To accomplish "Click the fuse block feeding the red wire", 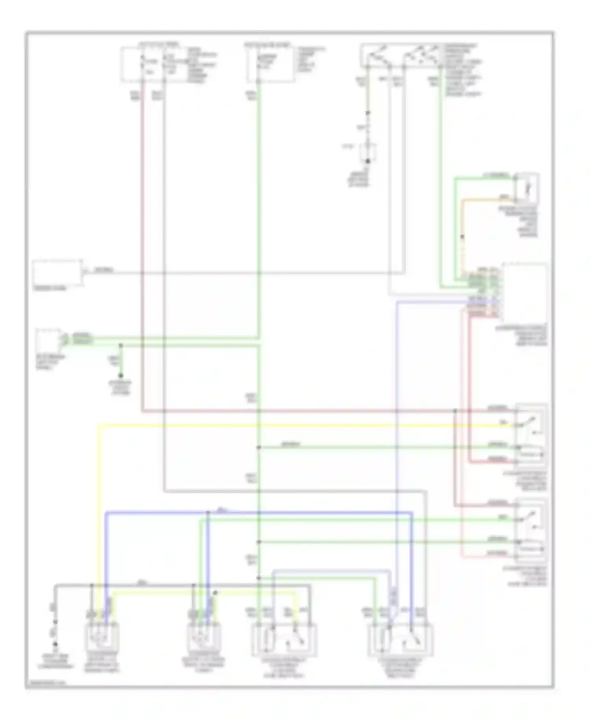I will pyautogui.click(x=153, y=65).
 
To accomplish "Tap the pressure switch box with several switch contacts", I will pyautogui.click(x=401, y=55).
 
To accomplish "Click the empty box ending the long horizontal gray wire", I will pyautogui.click(x=58, y=272).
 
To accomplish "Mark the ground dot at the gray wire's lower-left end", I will pyautogui.click(x=55, y=644).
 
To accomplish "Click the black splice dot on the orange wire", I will pyautogui.click(x=463, y=237).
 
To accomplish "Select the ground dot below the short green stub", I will pyautogui.click(x=121, y=376).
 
